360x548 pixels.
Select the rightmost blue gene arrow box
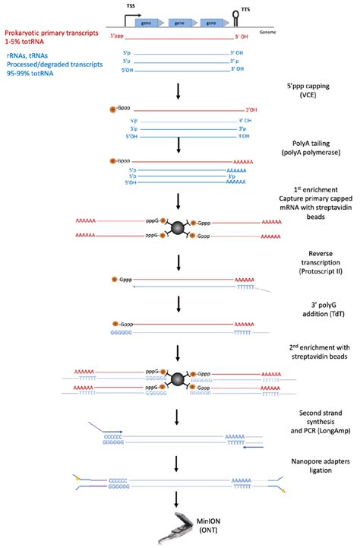pos(203,24)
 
